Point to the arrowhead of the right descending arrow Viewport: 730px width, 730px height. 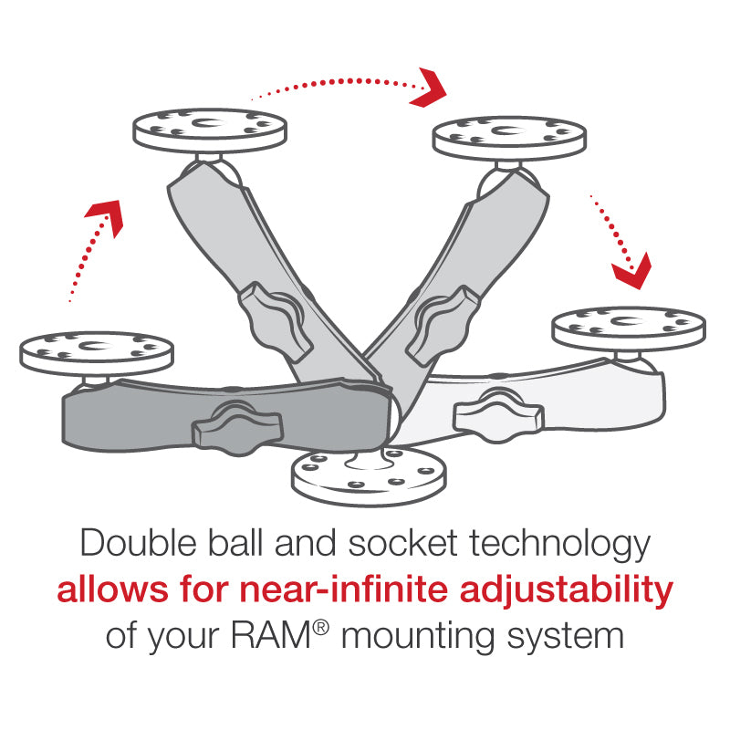pos(631,268)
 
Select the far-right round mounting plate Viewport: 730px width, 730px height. pos(630,326)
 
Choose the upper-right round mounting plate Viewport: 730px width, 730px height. pos(507,138)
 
